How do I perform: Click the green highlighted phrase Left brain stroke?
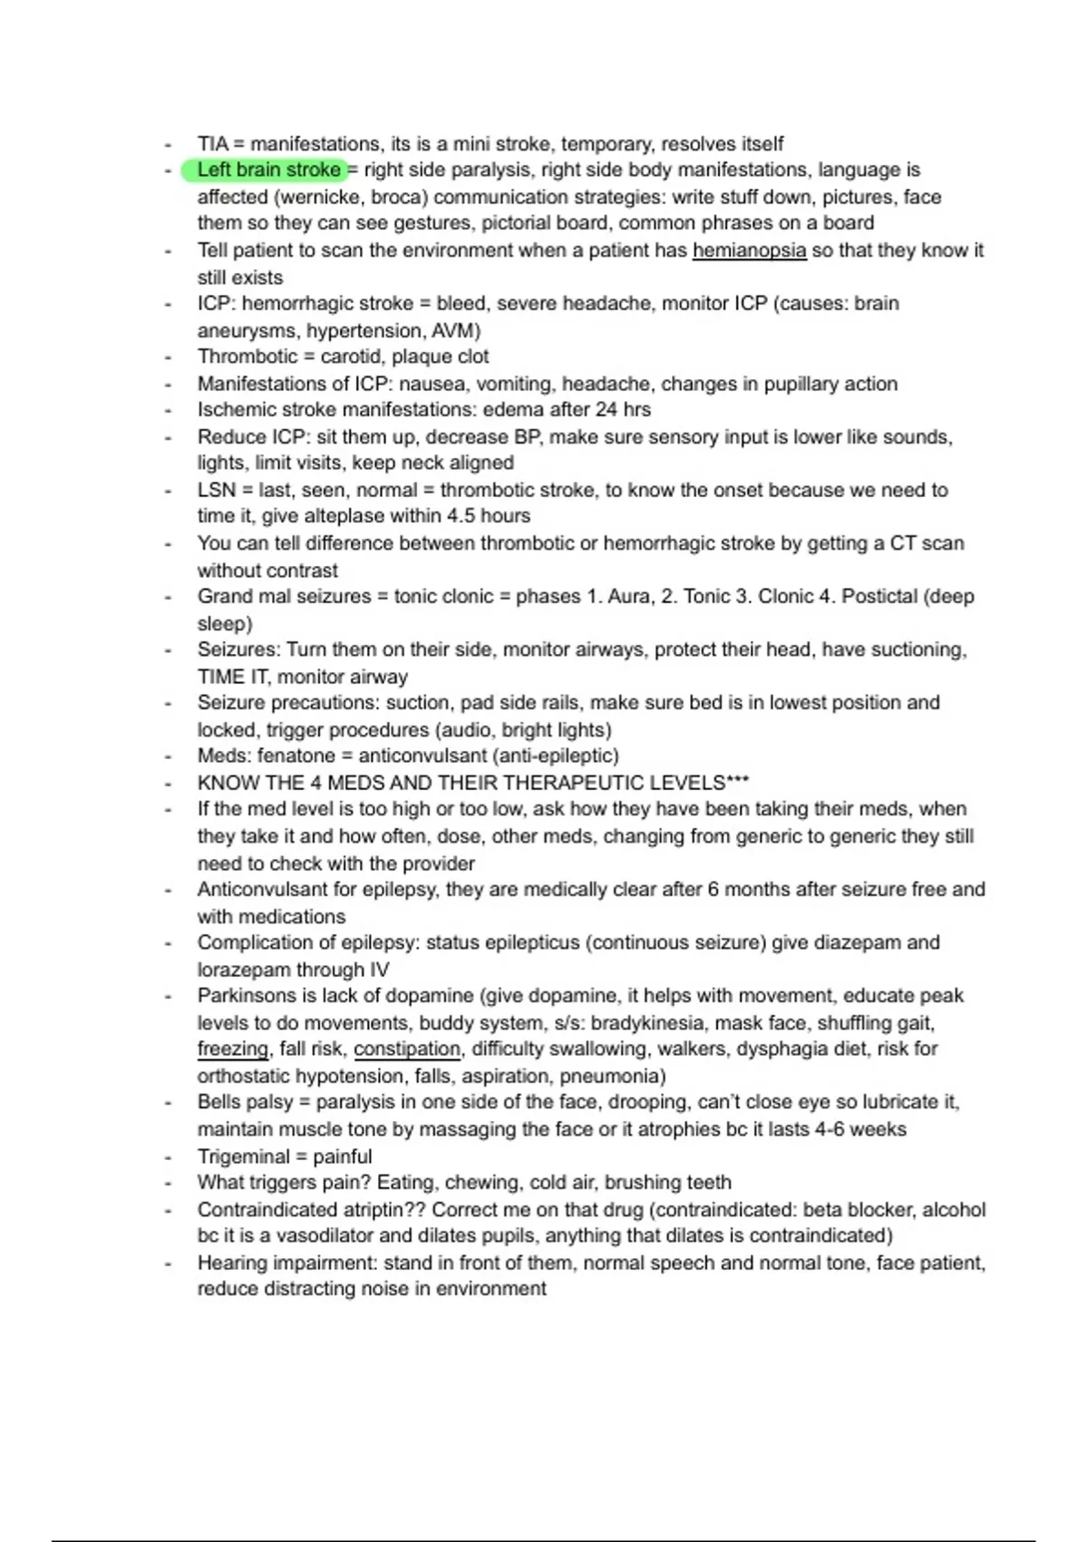pos(268,170)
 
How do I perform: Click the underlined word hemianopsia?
pos(749,250)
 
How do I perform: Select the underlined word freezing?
pos(233,1049)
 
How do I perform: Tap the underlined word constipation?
pos(407,1049)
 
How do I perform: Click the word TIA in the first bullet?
pos(213,144)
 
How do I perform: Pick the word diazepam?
pos(855,942)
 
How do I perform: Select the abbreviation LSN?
pos(216,490)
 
